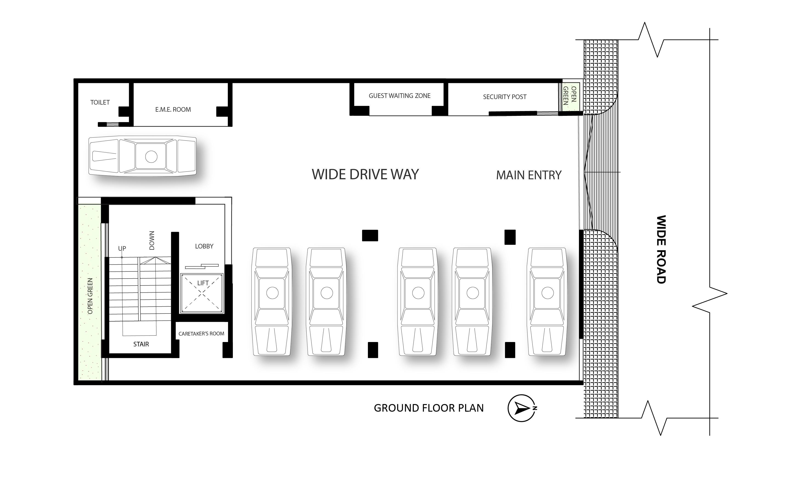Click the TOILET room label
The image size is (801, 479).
tap(100, 102)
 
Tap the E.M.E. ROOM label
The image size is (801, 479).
tap(173, 109)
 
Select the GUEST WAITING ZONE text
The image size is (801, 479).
tap(400, 96)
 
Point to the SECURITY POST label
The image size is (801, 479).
tap(505, 97)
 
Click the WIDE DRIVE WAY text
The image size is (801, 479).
tap(365, 174)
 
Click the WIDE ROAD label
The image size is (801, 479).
tap(661, 250)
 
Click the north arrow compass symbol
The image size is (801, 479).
tap(522, 408)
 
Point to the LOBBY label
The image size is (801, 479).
tap(204, 246)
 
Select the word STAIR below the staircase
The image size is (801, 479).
tap(141, 344)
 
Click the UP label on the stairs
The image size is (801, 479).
tap(122, 248)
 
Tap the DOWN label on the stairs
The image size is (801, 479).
tap(152, 240)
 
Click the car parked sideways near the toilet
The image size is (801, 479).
tap(142, 156)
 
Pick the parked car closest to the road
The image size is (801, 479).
tap(547, 302)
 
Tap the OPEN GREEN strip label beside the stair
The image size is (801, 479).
tap(90, 296)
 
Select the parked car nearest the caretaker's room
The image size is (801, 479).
tap(272, 302)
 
